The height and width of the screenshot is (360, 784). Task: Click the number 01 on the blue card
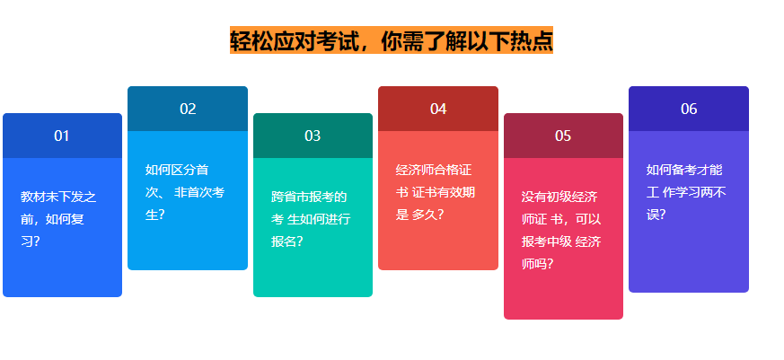point(61,136)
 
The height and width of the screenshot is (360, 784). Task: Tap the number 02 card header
point(188,109)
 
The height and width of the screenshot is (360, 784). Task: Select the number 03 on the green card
point(313,136)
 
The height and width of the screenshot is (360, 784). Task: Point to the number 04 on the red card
point(438,109)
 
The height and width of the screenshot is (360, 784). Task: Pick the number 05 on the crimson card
point(563,136)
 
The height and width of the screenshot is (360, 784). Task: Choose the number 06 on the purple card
point(689,109)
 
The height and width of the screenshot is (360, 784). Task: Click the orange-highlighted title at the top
point(392,40)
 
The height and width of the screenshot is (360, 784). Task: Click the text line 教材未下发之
point(58,197)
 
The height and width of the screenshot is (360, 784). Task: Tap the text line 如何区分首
point(177,170)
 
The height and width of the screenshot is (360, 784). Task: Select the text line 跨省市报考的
point(309,197)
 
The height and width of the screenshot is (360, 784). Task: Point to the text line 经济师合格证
point(434,170)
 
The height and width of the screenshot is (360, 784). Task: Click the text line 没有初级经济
point(559,197)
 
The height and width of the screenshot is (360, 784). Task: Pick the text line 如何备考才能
point(684,170)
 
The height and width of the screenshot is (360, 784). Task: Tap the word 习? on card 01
point(30,241)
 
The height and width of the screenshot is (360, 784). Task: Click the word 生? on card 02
point(155,215)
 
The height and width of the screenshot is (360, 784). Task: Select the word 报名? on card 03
point(287,241)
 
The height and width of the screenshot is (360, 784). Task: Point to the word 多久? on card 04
point(427,215)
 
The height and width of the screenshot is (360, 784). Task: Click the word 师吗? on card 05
point(537,264)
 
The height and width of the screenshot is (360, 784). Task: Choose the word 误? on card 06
point(656,215)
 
